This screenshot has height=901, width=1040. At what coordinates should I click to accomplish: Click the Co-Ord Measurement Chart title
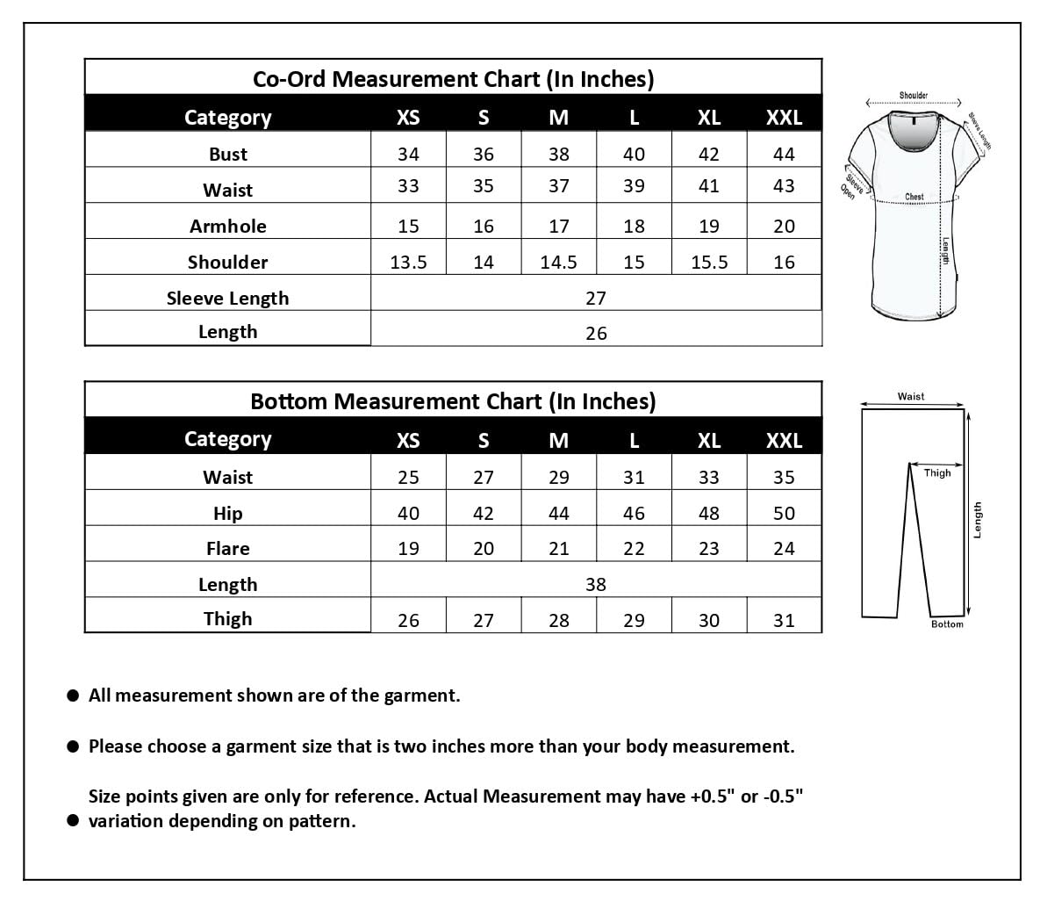[453, 79]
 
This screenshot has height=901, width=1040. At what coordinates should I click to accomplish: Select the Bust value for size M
[559, 155]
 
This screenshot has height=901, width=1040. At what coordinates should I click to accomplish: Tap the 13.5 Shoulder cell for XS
[408, 263]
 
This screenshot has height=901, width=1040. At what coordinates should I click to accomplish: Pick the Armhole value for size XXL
[784, 227]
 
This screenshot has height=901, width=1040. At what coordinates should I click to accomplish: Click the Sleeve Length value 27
[596, 299]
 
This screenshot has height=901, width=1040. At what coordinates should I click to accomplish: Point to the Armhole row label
[228, 227]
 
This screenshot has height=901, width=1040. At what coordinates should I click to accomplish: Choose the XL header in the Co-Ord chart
[709, 118]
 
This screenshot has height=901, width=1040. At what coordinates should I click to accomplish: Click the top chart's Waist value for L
[634, 186]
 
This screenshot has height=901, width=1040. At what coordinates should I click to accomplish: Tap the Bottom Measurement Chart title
[453, 401]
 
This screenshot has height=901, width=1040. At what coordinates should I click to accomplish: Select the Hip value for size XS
[408, 514]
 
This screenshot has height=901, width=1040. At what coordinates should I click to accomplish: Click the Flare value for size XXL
[784, 549]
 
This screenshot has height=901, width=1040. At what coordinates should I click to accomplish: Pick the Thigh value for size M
[559, 621]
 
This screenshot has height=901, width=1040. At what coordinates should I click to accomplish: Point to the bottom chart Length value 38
[596, 585]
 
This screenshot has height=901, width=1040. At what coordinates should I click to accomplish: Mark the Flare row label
[228, 549]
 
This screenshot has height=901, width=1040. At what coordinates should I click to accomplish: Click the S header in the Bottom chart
[484, 440]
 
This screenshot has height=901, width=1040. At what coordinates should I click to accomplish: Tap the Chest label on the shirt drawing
[914, 198]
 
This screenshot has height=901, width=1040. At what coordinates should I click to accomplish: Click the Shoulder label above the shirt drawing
[914, 96]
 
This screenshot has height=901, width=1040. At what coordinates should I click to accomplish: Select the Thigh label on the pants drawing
[937, 473]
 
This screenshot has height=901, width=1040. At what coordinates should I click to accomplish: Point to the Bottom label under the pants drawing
[947, 624]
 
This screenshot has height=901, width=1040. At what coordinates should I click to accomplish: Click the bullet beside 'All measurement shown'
[74, 696]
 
